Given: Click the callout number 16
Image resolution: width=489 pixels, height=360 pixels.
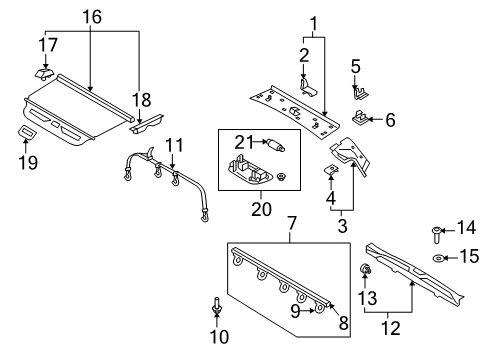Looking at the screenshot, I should click(91, 17).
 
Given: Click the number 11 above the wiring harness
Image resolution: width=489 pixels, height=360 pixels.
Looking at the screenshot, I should click(175, 145).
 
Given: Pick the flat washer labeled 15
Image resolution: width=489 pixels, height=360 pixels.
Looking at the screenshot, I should click(440, 258).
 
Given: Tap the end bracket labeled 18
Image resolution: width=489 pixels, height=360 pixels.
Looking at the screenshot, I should click(139, 123).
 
